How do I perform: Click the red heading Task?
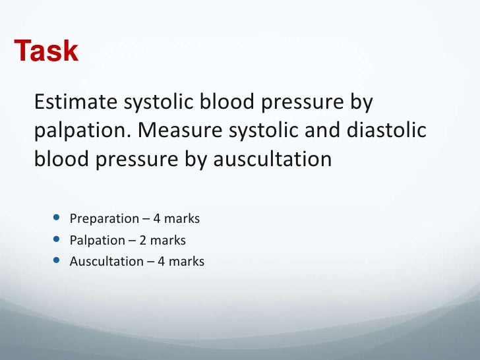coord(46,51)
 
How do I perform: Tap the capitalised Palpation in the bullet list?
coord(97,240)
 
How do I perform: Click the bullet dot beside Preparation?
coord(55,218)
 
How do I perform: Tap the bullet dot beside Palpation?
coord(55,239)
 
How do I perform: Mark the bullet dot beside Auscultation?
coord(55,261)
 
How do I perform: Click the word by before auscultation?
coord(196,160)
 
